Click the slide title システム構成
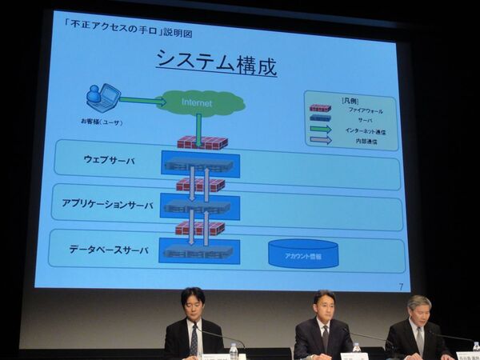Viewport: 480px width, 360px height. tap(216, 62)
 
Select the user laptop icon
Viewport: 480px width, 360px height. tap(102, 98)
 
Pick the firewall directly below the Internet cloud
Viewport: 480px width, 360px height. tap(202, 142)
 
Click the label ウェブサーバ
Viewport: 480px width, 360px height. tap(110, 160)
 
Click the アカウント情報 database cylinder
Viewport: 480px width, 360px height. tap(303, 254)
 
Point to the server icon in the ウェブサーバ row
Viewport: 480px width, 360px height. tap(199, 165)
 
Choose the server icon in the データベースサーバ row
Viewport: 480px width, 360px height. tap(199, 251)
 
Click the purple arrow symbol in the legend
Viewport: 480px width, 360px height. tap(321, 140)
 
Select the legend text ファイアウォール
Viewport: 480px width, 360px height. tap(365, 110)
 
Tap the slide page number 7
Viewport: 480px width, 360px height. tap(400, 286)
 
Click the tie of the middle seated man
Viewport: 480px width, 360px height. tap(324, 338)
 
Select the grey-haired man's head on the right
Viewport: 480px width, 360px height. tap(419, 309)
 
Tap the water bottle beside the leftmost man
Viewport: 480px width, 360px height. tap(234, 350)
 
